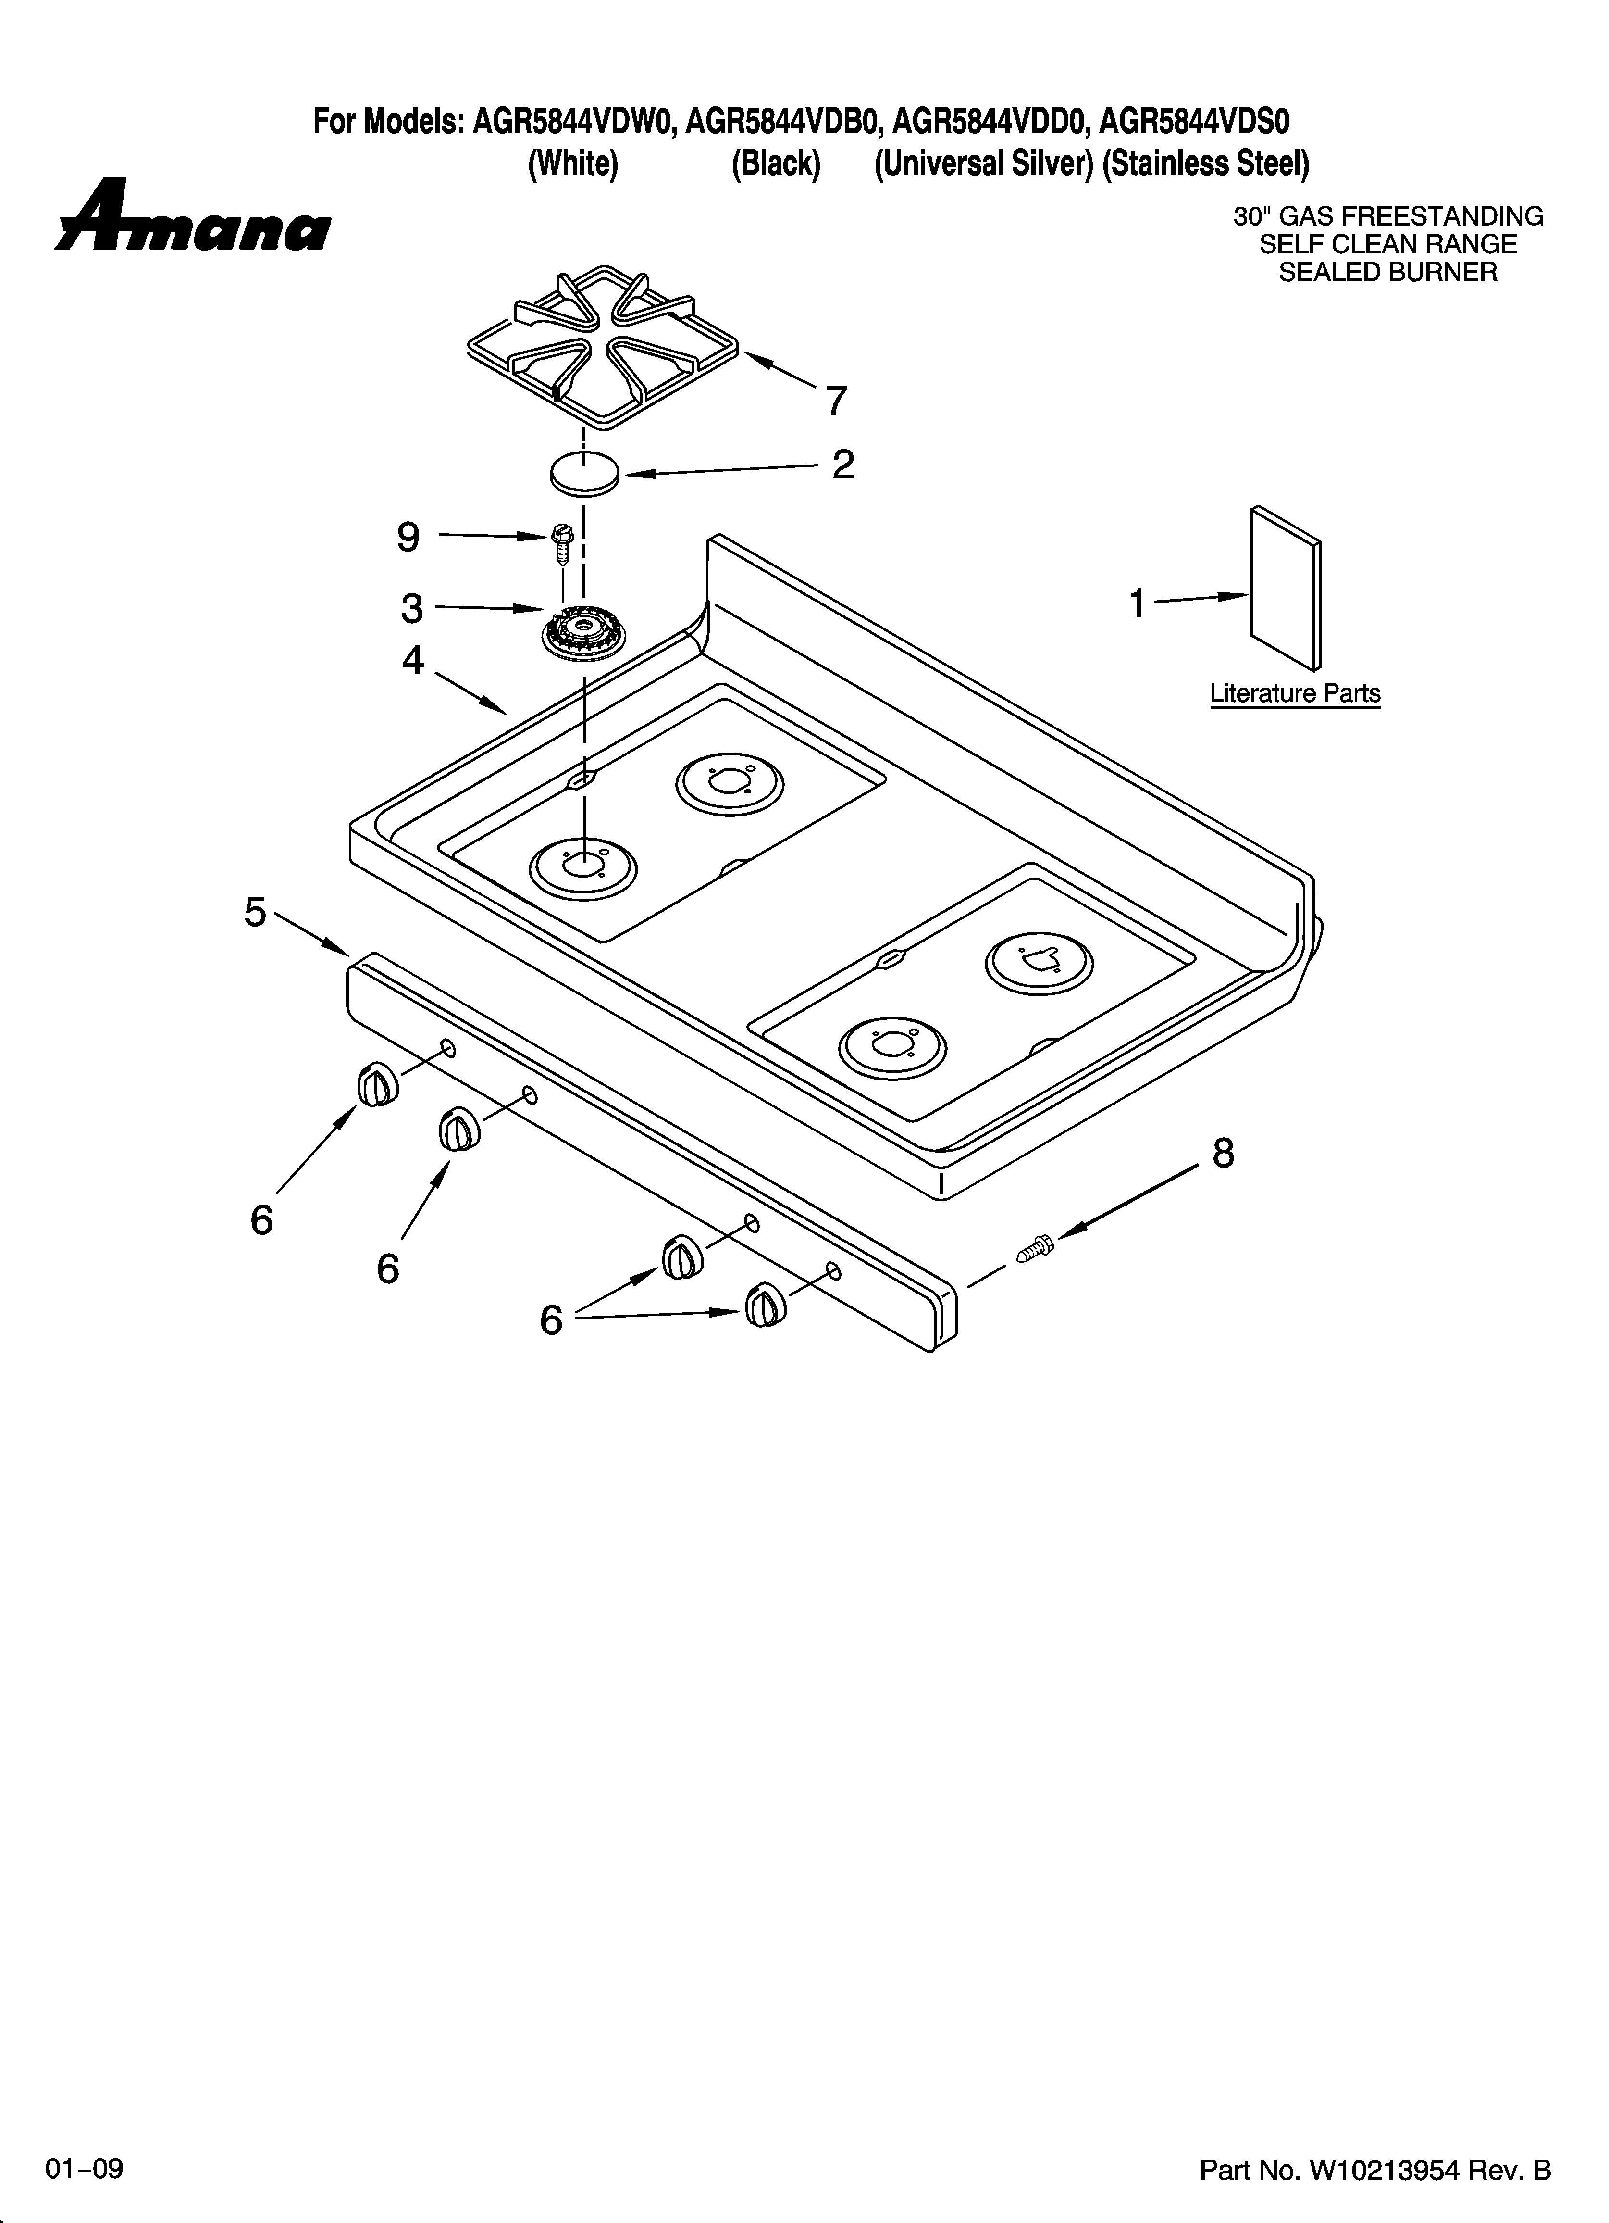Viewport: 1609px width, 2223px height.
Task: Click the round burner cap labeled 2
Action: click(584, 475)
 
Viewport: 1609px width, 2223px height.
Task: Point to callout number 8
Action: click(1223, 1154)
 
